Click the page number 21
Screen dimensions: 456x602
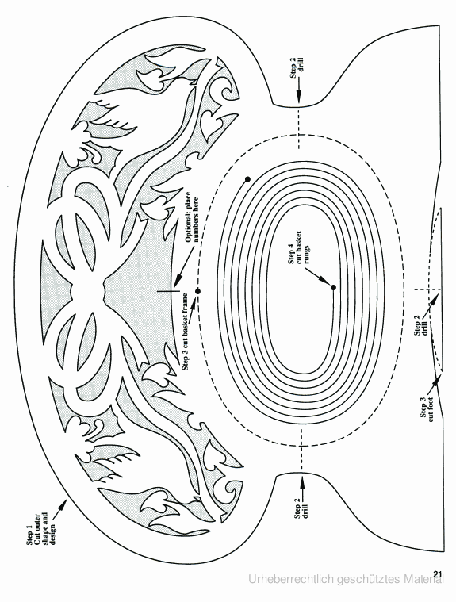pyautogui.click(x=439, y=574)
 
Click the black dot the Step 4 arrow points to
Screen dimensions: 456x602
pyautogui.click(x=333, y=288)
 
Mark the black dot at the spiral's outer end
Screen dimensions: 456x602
pyautogui.click(x=247, y=179)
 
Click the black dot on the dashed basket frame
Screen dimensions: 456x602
pyautogui.click(x=198, y=291)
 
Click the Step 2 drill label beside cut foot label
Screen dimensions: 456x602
pyautogui.click(x=420, y=328)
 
